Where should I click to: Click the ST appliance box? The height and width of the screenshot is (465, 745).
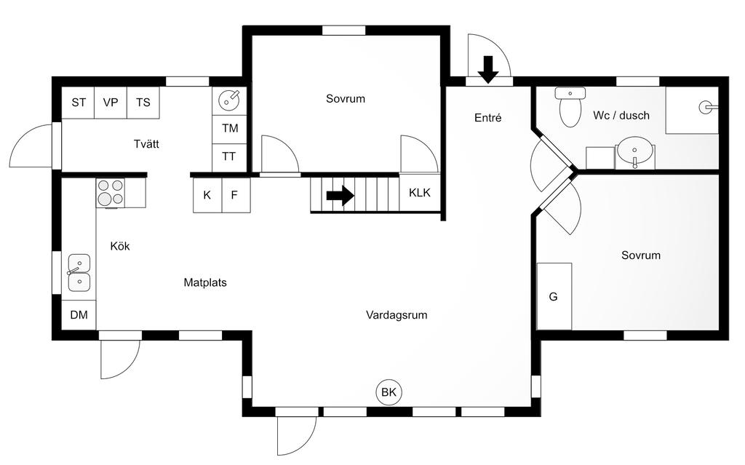click(78, 103)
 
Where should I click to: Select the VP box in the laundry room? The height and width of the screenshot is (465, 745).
click(111, 103)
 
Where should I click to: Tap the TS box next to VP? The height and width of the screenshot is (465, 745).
click(143, 103)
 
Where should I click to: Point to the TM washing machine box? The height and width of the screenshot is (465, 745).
click(230, 129)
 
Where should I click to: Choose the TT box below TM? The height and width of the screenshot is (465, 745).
click(230, 156)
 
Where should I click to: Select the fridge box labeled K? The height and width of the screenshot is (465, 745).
click(207, 195)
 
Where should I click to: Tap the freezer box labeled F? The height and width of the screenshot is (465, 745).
click(235, 195)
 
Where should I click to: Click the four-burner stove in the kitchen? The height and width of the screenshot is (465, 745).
click(110, 192)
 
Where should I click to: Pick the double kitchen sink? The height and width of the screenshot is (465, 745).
click(79, 272)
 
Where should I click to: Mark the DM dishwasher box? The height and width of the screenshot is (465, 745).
click(79, 315)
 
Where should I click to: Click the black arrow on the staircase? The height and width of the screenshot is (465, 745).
click(340, 195)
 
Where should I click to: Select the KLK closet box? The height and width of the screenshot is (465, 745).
click(420, 193)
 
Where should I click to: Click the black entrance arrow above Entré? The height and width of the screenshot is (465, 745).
click(488, 68)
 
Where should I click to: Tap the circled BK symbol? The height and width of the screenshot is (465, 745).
click(389, 393)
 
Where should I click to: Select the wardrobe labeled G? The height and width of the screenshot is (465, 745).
click(554, 297)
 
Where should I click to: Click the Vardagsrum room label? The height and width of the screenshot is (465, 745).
click(397, 315)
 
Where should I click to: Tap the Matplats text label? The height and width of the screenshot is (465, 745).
click(204, 282)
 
